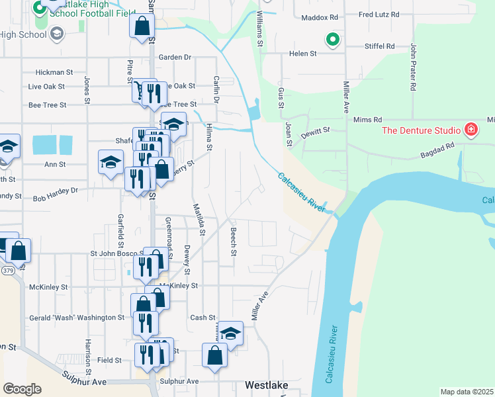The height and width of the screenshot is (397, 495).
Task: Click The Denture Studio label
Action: [422, 128]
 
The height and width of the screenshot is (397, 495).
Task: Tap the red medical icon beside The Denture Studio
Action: [471, 128]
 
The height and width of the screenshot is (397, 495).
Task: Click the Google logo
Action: [22, 388]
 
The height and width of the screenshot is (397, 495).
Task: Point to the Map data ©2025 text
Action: [467, 392]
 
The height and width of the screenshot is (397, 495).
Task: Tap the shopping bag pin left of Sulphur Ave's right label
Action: [215, 355]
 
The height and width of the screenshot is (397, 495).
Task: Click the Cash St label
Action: [202, 318]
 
